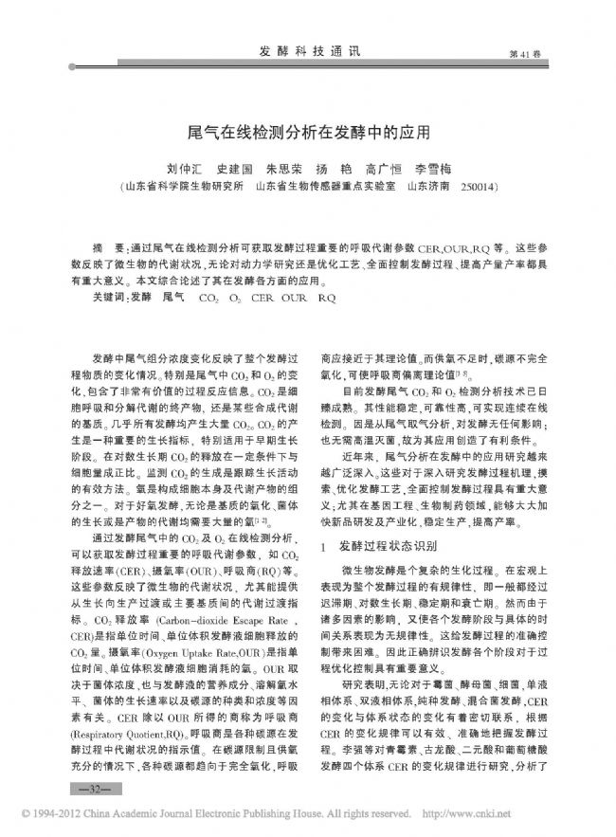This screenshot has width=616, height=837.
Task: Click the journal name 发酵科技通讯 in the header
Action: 310,53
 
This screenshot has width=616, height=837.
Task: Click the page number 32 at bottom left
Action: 94,787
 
